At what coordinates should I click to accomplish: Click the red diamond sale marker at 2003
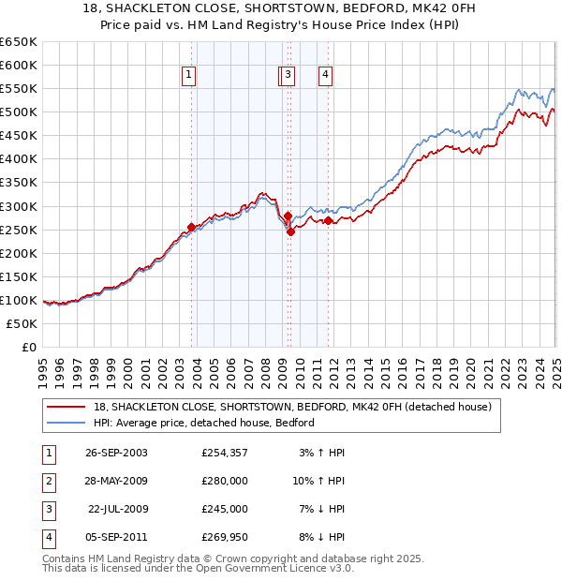[x=192, y=227]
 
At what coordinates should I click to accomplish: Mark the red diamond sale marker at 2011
[x=329, y=220]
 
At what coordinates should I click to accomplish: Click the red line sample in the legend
[x=66, y=407]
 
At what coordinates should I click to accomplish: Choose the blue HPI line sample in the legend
[x=66, y=423]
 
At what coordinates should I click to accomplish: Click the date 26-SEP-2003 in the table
[x=116, y=453]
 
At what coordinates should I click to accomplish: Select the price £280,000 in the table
[x=225, y=481]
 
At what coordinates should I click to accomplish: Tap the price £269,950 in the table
[x=225, y=537]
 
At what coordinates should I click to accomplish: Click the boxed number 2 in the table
[x=48, y=481]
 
